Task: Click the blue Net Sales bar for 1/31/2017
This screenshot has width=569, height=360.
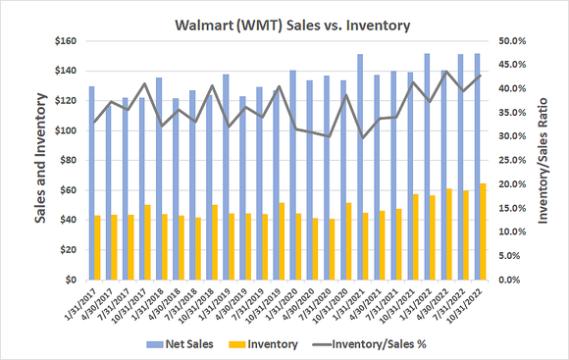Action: pyautogui.click(x=91, y=182)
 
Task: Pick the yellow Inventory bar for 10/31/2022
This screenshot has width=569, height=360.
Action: pyautogui.click(x=482, y=231)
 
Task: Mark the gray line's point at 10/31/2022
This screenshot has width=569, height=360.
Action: pyautogui.click(x=479, y=77)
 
